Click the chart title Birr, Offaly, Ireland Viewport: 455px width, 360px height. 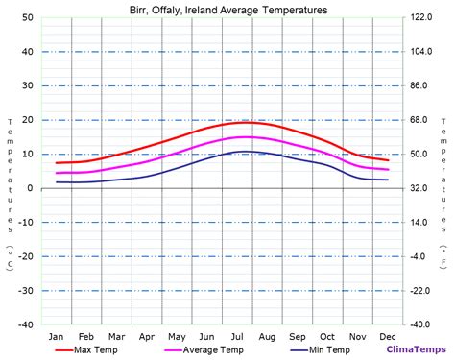[227, 10]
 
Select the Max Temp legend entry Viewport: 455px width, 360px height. [96, 349]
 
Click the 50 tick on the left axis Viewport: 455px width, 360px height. [29, 18]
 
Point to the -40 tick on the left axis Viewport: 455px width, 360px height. [27, 324]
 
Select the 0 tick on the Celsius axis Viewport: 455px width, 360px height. [32, 188]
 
